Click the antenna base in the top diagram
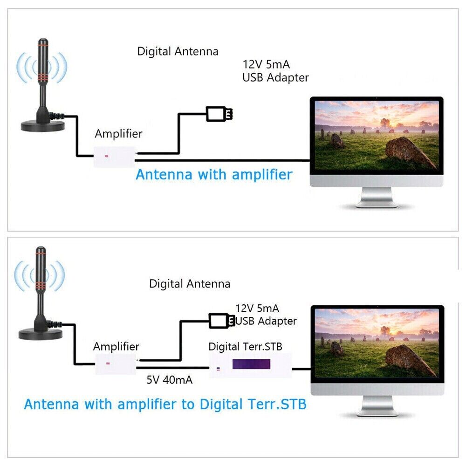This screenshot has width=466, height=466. [x=42, y=124]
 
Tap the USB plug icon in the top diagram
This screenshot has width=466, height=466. [x=219, y=113]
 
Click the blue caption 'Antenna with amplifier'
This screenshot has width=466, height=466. [x=214, y=175]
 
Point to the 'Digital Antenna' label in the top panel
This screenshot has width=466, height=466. [x=178, y=51]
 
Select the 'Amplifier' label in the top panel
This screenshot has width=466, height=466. [x=118, y=134]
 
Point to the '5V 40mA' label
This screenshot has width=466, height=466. [x=170, y=380]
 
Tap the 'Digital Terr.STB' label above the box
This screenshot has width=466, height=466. [x=245, y=347]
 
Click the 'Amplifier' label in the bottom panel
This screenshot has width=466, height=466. [x=116, y=346]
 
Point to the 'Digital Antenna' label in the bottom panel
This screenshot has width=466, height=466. [x=190, y=283]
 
